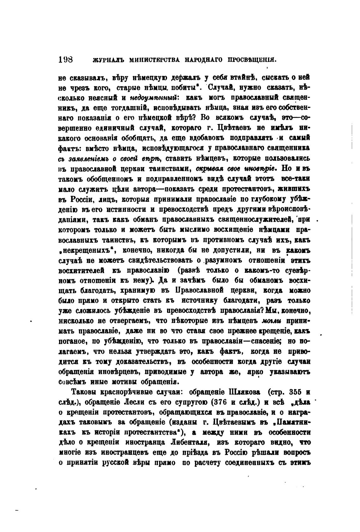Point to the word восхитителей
point(81,271)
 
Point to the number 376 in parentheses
point(213,403)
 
